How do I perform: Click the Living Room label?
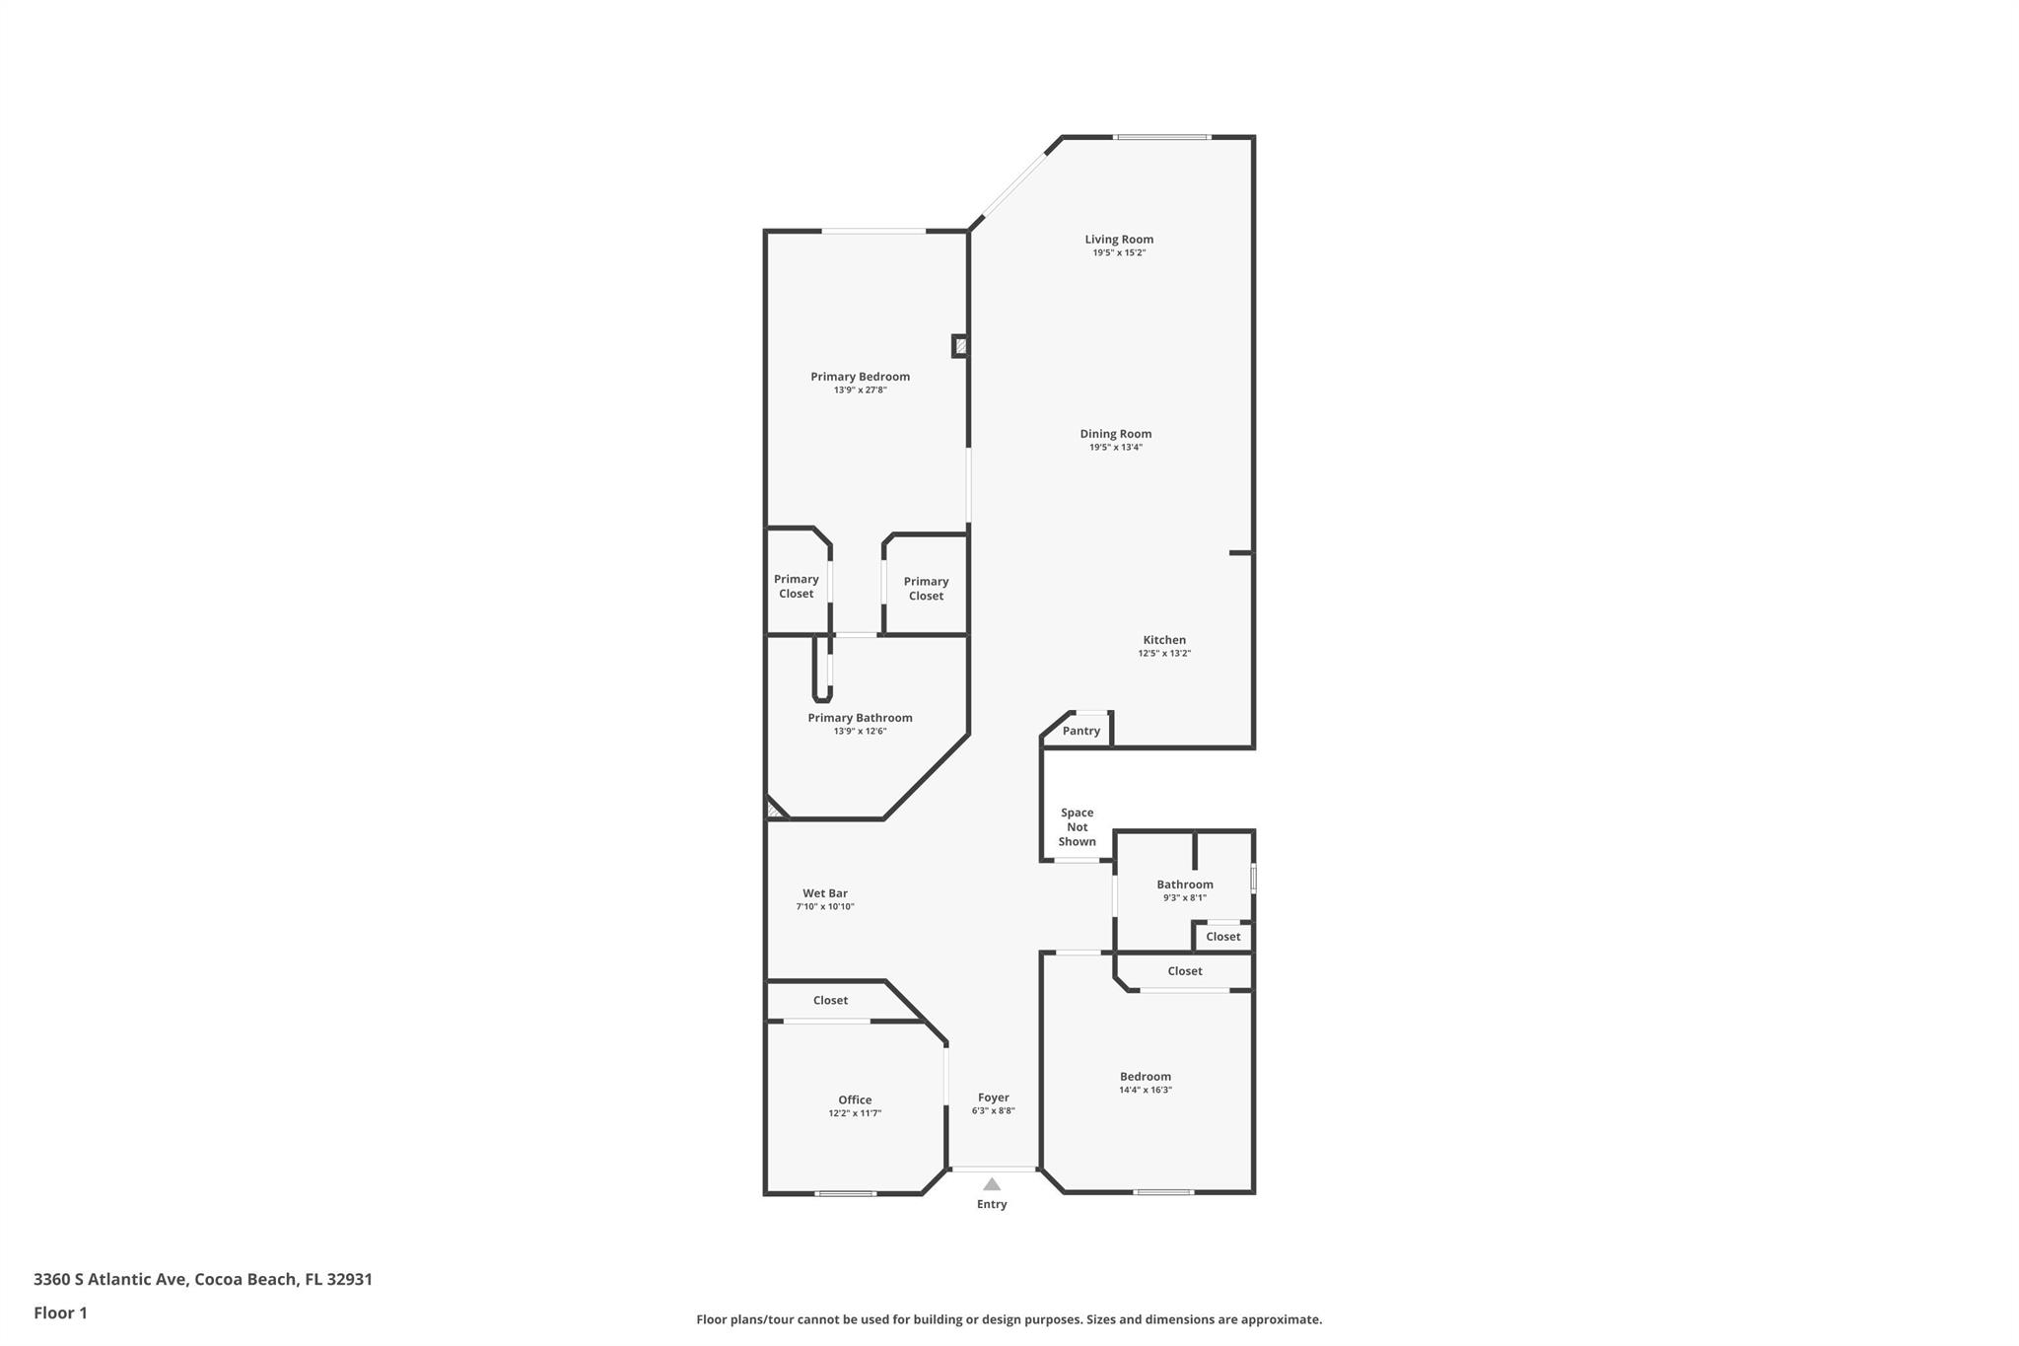pos(1119,240)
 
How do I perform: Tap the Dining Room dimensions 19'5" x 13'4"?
pos(1115,448)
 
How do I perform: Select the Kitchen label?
pos(1164,640)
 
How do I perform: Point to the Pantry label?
pos(1081,731)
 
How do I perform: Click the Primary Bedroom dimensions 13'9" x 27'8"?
pos(860,390)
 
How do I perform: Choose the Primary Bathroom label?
pos(860,718)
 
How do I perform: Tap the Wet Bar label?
pos(825,893)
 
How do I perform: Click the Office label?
pos(855,1099)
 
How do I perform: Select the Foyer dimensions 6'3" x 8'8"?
pos(993,1111)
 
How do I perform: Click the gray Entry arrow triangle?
pos(992,1184)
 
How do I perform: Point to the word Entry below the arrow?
pos(992,1204)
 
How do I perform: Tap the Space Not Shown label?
pos(1077,827)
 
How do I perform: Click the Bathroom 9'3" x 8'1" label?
pos(1185,885)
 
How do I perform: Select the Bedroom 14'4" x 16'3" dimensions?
pos(1146,1091)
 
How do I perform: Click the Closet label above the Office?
pos(830,1000)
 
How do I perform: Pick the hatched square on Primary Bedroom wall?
pos(960,346)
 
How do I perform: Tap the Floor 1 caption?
pos(60,1312)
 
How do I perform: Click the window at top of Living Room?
pos(1162,137)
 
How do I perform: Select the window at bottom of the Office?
pos(845,1193)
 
